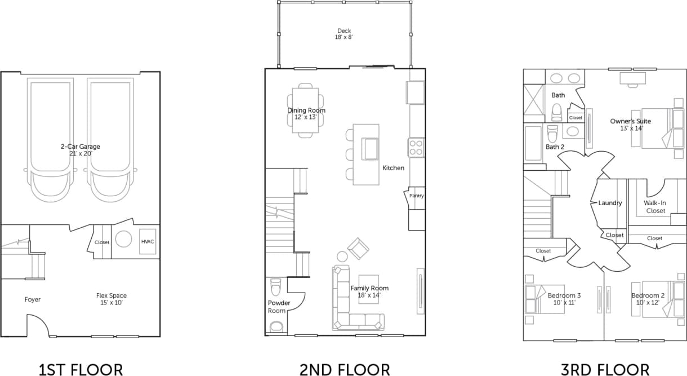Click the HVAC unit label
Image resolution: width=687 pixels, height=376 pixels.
pyautogui.click(x=148, y=242)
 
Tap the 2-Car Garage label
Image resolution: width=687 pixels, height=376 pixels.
pyautogui.click(x=81, y=147)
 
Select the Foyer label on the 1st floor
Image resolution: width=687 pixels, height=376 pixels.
pyautogui.click(x=33, y=299)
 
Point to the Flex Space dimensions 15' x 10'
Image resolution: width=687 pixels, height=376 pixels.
pyautogui.click(x=111, y=303)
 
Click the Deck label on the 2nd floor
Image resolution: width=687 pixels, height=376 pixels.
pyautogui.click(x=343, y=31)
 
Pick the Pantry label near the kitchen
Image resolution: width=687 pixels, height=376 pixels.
pyautogui.click(x=417, y=196)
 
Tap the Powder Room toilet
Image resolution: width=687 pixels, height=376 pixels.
pyautogui.click(x=275, y=287)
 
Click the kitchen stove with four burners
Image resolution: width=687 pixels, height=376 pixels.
pyautogui.click(x=416, y=148)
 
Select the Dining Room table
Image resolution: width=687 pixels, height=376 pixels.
pyautogui.click(x=305, y=110)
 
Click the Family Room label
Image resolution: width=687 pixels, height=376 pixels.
pyautogui.click(x=369, y=288)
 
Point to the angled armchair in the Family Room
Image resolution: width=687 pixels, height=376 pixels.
pyautogui.click(x=358, y=248)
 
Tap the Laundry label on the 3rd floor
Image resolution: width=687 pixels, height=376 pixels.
pyautogui.click(x=610, y=203)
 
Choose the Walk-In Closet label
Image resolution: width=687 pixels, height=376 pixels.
pyautogui.click(x=655, y=207)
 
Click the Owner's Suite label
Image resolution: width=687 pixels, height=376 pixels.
pyautogui.click(x=630, y=121)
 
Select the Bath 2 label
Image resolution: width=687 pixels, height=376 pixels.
pyautogui.click(x=555, y=147)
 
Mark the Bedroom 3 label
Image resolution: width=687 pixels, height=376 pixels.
pyautogui.click(x=564, y=295)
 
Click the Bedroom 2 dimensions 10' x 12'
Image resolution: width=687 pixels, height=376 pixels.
pyautogui.click(x=648, y=303)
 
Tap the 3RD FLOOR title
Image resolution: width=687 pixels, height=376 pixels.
pyautogui.click(x=605, y=370)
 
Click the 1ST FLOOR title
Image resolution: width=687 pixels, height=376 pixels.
pyautogui.click(x=81, y=370)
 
